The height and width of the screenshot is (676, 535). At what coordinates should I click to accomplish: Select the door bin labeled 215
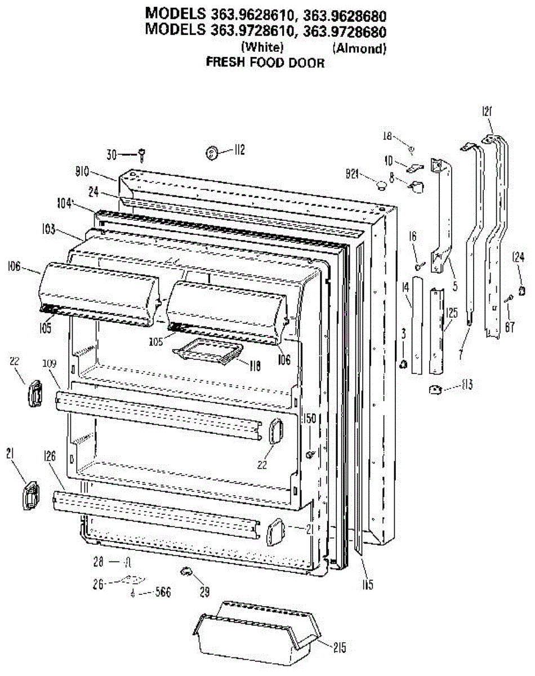tap(256, 634)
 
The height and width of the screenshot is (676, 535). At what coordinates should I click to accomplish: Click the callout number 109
tap(50, 364)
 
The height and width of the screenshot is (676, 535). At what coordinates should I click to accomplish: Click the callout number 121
tap(487, 112)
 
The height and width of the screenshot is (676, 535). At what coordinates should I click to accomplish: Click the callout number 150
tap(309, 419)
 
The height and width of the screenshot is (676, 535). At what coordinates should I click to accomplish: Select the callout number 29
tap(204, 591)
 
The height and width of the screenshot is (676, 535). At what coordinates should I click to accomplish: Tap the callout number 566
tap(162, 593)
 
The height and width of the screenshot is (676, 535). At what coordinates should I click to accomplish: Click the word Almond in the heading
tap(359, 48)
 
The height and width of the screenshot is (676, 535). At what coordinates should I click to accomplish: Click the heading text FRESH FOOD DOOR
tap(265, 63)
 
